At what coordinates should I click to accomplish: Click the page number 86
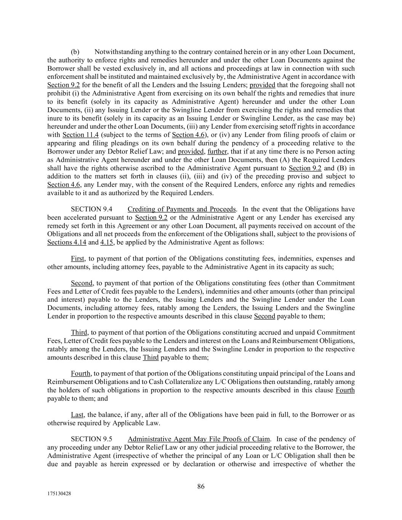pyautogui.click(x=201, y=486)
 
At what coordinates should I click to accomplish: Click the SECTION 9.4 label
pyautogui.click(x=91, y=209)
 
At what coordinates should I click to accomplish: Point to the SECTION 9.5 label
pyautogui.click(x=91, y=439)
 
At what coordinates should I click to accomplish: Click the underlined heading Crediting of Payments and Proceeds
pyautogui.click(x=181, y=209)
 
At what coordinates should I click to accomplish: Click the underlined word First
pyautogui.click(x=78, y=259)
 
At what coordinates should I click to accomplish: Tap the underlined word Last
pyautogui.click(x=77, y=414)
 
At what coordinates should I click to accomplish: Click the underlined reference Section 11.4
pyautogui.click(x=80, y=135)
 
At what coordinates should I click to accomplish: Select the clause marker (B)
pyautogui.click(x=342, y=168)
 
